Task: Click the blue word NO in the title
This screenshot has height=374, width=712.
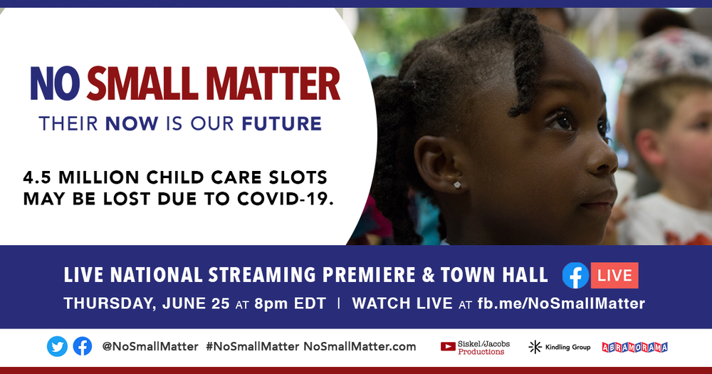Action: (55, 84)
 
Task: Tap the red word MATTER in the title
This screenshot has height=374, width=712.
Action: (273, 84)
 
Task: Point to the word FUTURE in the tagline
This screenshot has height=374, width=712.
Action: (281, 124)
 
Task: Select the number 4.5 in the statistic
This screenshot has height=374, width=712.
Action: (37, 177)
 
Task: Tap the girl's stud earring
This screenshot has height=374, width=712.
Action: (457, 185)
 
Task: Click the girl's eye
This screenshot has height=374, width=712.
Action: (562, 121)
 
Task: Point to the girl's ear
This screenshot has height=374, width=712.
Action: (438, 164)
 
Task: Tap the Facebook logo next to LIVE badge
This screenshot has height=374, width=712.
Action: (575, 276)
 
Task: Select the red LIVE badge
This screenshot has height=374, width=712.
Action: (614, 276)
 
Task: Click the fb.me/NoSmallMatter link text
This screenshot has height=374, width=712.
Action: (561, 303)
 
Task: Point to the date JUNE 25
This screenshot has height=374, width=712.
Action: (196, 303)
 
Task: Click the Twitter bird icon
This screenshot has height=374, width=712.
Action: (57, 347)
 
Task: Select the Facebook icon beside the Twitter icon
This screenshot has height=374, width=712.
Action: (82, 346)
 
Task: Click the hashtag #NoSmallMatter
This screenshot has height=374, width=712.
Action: (253, 347)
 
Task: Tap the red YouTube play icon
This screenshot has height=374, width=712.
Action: (448, 347)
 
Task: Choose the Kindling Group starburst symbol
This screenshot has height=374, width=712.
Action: (535, 347)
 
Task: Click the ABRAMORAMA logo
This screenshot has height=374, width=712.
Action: (635, 347)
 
